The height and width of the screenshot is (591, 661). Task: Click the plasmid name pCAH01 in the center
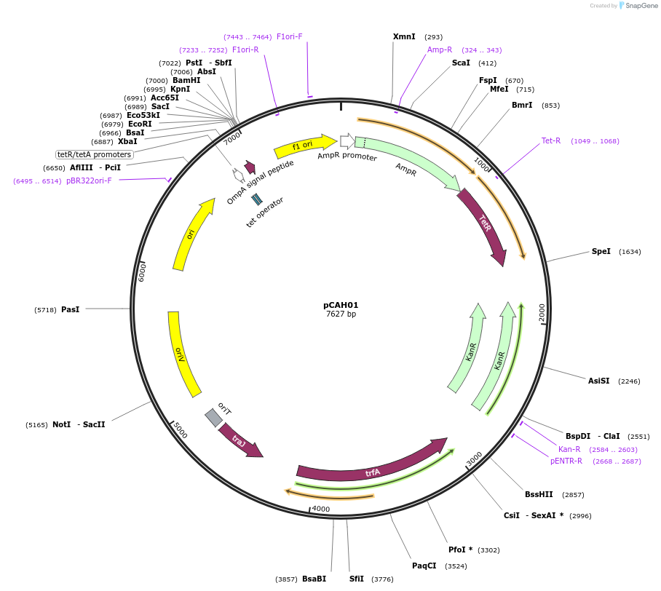click(x=341, y=306)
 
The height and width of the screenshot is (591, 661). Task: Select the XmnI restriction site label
click(x=404, y=36)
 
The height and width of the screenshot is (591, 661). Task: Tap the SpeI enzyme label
click(x=601, y=251)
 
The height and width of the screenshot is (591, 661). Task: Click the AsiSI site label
click(x=598, y=381)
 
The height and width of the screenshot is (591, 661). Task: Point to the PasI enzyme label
click(x=70, y=309)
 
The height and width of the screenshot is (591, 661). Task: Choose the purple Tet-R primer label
click(x=551, y=140)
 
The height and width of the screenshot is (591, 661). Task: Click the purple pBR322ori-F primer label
click(x=89, y=181)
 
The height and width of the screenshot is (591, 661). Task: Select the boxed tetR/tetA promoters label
click(x=95, y=154)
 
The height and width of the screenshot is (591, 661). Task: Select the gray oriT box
click(x=213, y=417)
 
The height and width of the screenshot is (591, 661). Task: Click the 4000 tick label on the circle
click(x=321, y=509)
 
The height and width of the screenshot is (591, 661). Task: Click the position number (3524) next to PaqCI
click(x=456, y=566)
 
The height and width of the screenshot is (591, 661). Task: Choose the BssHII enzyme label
click(x=539, y=494)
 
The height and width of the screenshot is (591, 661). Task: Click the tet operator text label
click(x=265, y=212)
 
